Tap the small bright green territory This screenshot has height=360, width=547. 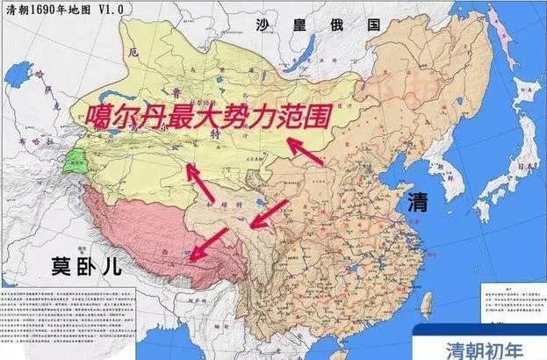coord(73,162)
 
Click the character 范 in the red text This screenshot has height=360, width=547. coord(280,117)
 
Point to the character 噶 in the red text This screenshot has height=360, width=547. coord(99,117)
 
